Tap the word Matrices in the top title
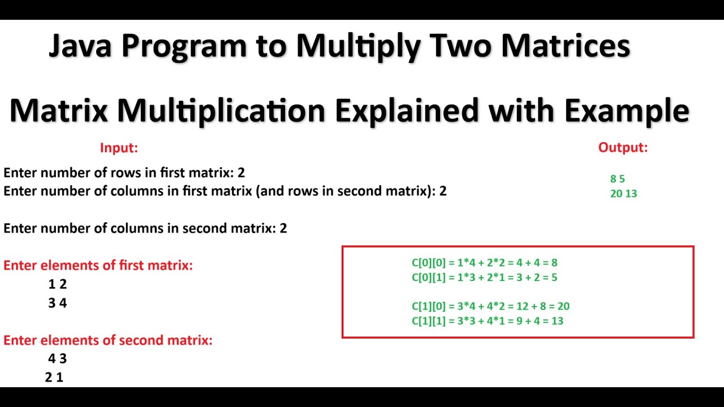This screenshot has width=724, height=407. click(x=565, y=46)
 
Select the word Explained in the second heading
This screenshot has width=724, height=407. click(x=407, y=110)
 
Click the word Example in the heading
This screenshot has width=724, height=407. click(x=626, y=111)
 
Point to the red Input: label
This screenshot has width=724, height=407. click(x=119, y=148)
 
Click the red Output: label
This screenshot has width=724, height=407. click(x=623, y=148)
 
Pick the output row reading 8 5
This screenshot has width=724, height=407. click(x=617, y=179)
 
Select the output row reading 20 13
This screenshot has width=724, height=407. click(x=623, y=193)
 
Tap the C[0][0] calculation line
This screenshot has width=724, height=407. click(x=484, y=263)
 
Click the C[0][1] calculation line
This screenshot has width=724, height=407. click(x=484, y=277)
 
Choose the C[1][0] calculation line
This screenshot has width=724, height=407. click(x=490, y=306)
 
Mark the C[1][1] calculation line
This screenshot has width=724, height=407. click(x=487, y=321)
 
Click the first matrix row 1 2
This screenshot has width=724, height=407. click(x=58, y=284)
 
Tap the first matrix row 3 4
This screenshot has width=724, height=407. click(x=58, y=303)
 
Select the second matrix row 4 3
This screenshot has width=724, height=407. click(x=58, y=358)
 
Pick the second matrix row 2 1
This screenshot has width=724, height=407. click(x=54, y=377)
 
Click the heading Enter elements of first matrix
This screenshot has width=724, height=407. click(x=98, y=265)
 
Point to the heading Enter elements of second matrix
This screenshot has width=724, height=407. click(x=107, y=340)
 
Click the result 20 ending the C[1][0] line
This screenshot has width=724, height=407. click(x=563, y=306)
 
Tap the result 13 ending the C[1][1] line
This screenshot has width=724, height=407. click(x=557, y=321)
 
